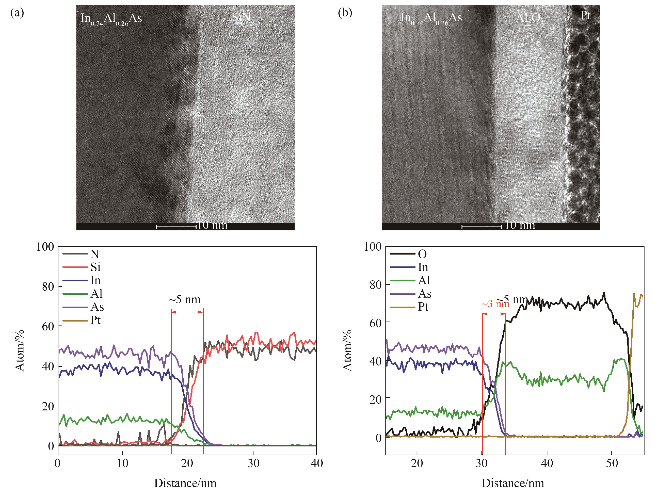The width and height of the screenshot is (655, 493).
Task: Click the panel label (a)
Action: [x=17, y=13]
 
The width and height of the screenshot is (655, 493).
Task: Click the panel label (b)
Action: [x=345, y=13]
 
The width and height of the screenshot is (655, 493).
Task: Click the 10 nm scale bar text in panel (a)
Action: [x=212, y=226]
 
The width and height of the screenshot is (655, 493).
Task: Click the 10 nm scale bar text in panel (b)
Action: [x=520, y=226]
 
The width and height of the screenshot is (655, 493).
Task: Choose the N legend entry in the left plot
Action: [x=95, y=254]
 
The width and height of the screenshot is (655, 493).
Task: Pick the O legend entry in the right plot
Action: [x=422, y=254]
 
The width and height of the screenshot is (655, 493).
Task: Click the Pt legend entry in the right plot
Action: [x=423, y=307]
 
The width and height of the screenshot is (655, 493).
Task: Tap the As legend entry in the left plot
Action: [x=97, y=307]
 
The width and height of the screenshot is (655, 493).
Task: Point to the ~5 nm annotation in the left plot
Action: [x=185, y=300]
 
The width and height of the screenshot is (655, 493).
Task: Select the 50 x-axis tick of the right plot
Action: [x=612, y=463]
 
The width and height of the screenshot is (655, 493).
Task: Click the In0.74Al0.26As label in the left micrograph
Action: [x=111, y=19]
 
